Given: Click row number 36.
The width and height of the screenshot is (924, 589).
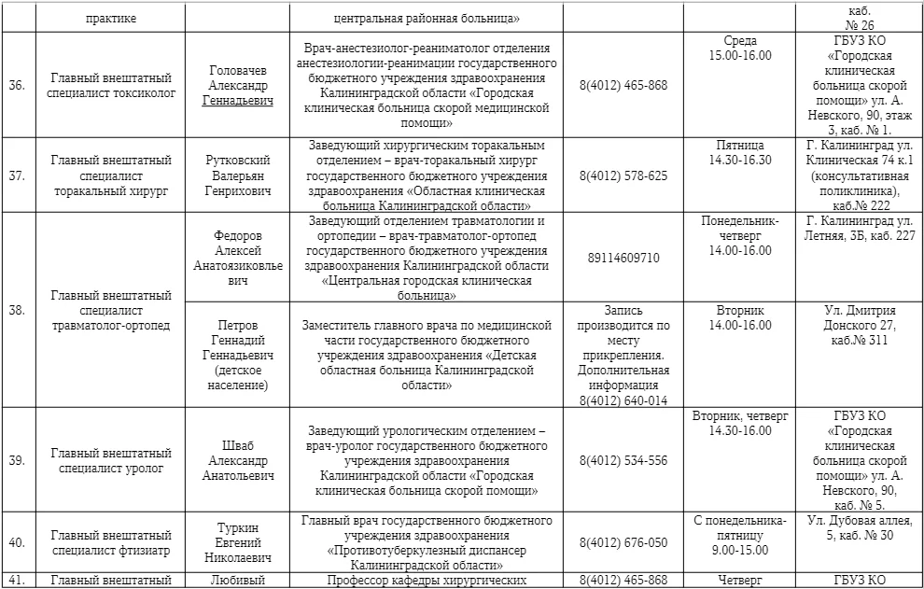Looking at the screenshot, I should tap(16, 85).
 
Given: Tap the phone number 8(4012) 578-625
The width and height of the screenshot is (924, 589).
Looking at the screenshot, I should tap(623, 175).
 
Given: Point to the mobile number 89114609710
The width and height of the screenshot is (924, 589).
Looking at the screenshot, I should tap(623, 258).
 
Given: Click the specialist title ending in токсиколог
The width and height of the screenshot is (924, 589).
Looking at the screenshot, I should tap(111, 85).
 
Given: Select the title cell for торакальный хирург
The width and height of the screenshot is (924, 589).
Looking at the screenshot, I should tap(111, 175).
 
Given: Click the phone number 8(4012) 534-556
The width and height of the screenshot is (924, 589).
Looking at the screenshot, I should tap(623, 460).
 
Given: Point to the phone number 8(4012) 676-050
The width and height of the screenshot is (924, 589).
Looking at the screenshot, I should tap(623, 542).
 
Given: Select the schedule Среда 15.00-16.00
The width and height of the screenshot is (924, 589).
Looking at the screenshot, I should tap(740, 49).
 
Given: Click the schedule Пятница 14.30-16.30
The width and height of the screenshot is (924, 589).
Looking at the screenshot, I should tap(740, 153).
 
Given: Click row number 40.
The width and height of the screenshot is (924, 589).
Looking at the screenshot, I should tap(16, 542).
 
